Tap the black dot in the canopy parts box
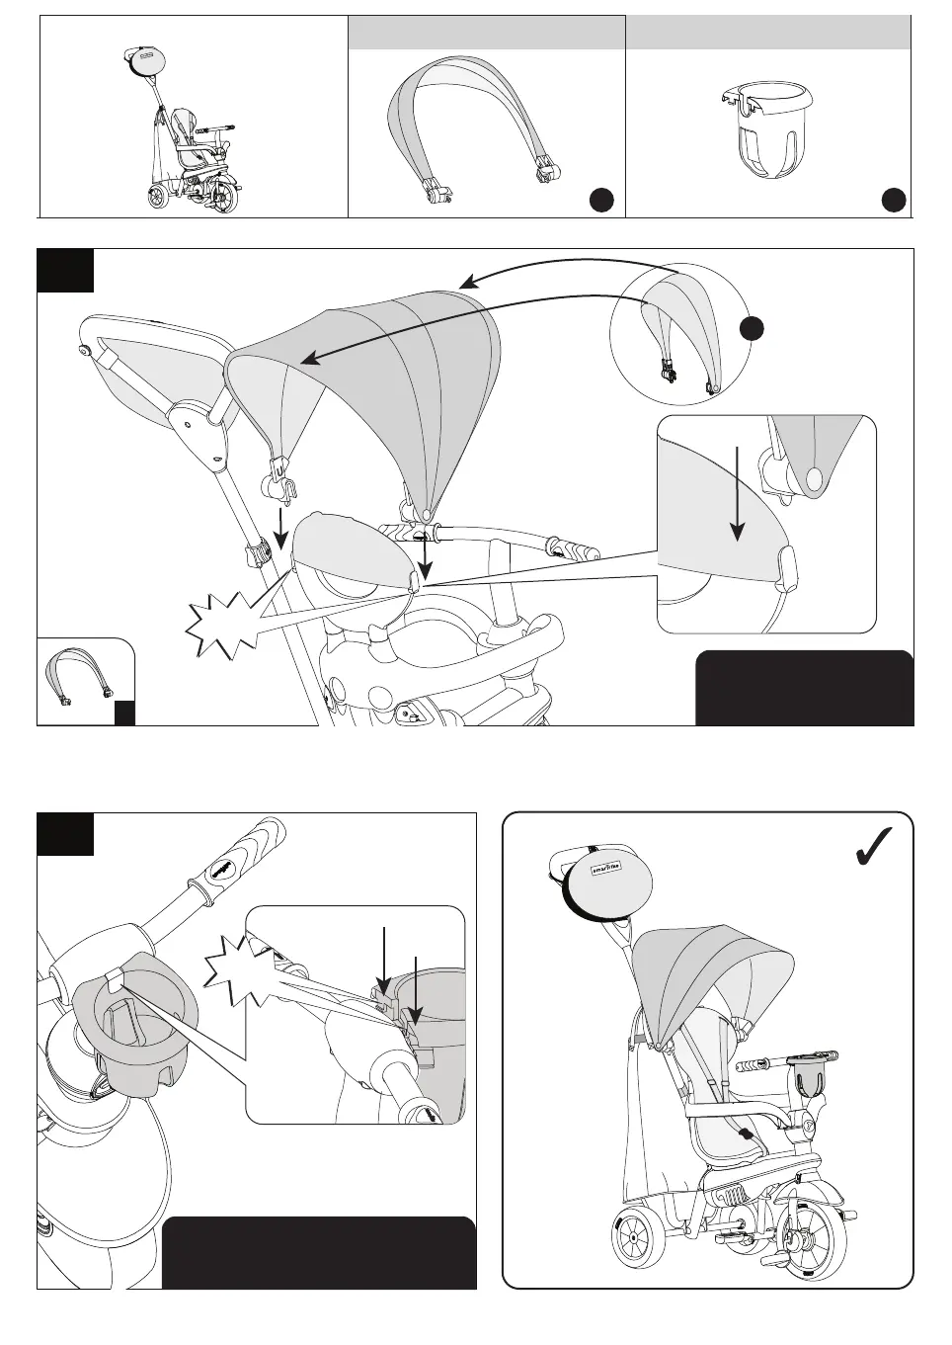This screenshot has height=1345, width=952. pos(601,200)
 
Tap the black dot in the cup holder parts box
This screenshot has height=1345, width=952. pos(894,200)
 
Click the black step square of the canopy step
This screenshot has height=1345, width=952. pos(65,271)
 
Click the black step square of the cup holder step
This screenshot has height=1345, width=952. pos(65,834)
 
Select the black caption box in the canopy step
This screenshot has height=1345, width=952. pos(804,688)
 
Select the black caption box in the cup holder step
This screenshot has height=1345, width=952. pos(318,1252)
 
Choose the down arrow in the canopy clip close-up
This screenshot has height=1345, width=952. pos(736,494)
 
